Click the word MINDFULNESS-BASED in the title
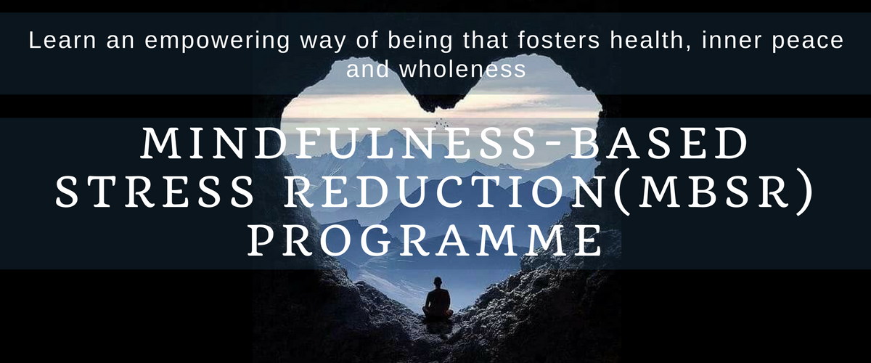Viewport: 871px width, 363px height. tap(444, 143)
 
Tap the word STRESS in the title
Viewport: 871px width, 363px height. tap(155, 192)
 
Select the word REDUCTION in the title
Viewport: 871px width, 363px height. tap(447, 192)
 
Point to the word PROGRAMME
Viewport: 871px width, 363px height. tap(425, 241)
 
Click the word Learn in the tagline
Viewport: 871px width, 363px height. tap(62, 41)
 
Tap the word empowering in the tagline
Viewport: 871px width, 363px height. tap(217, 42)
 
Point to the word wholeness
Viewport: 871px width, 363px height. tap(463, 69)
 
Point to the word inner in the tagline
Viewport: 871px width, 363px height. tap(732, 41)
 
